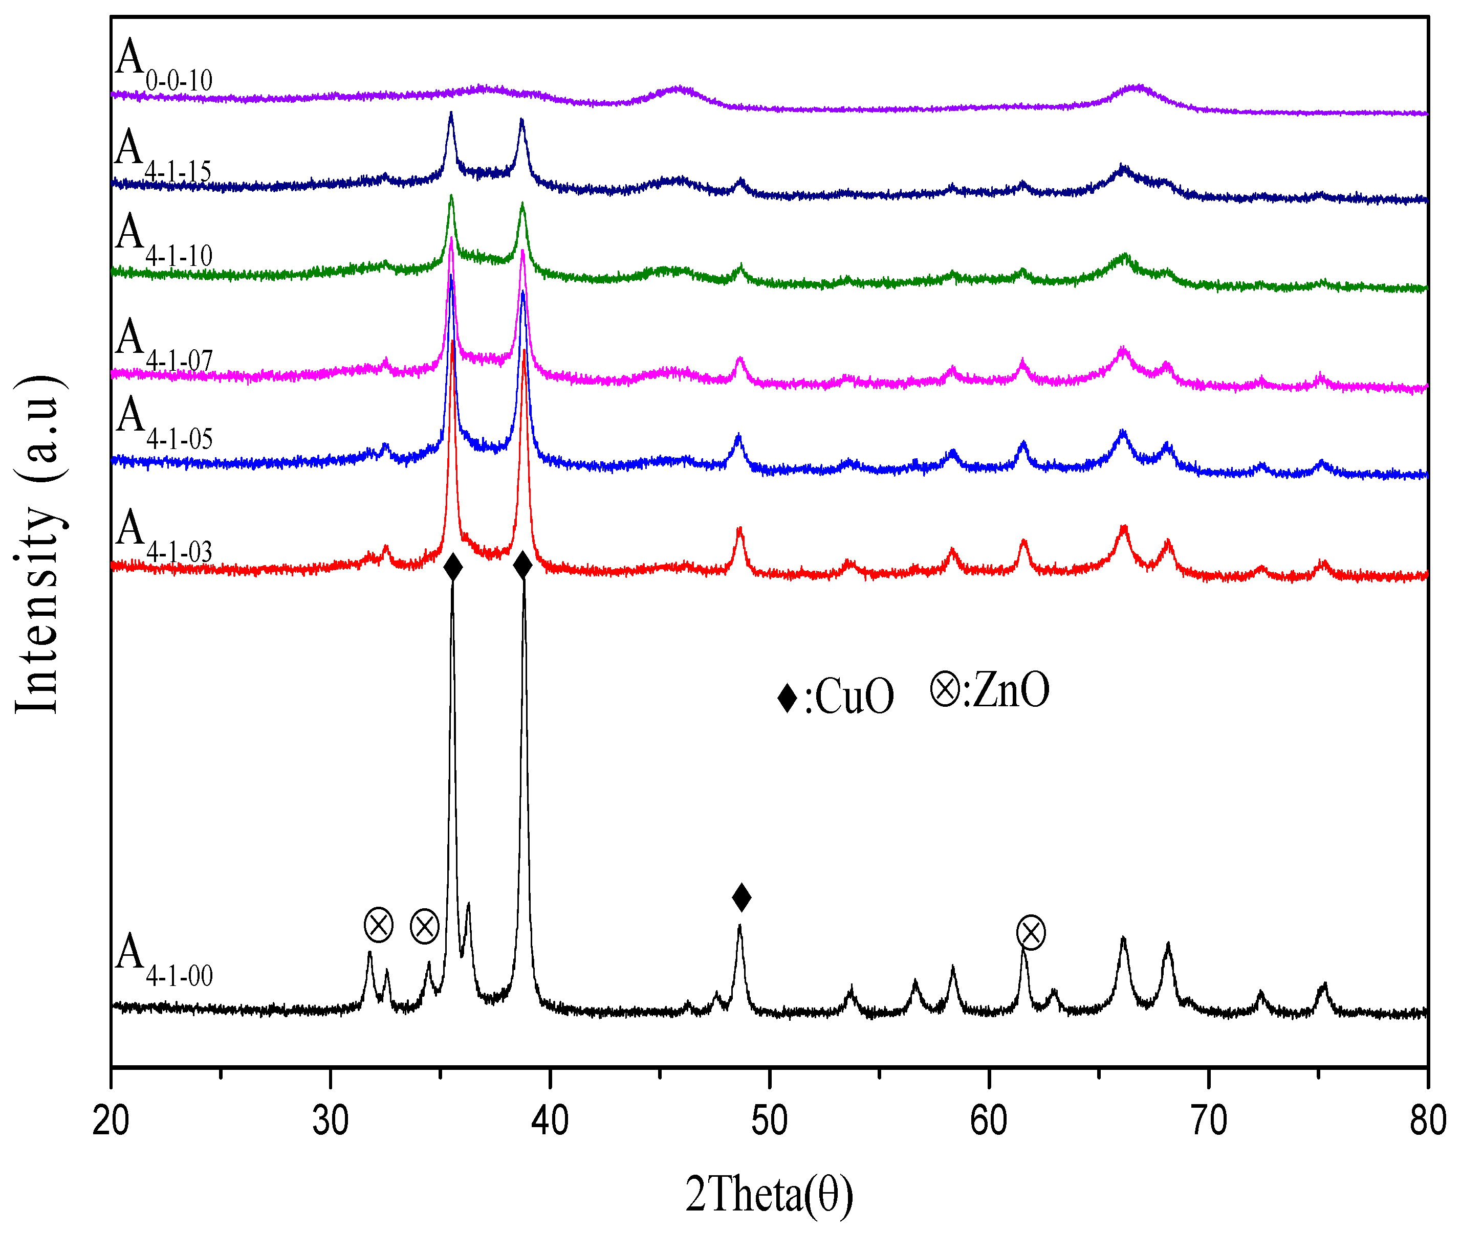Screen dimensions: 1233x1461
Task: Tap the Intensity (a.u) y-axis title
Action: tap(38, 545)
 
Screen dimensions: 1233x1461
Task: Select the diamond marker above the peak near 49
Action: tap(742, 897)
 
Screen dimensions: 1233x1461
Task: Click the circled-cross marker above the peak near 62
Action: tap(1030, 932)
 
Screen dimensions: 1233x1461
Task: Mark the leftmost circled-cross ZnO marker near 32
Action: tap(378, 926)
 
